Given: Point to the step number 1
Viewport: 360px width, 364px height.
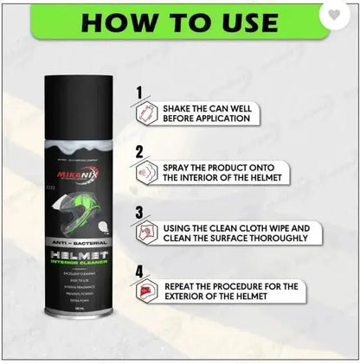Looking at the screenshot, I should (138, 90).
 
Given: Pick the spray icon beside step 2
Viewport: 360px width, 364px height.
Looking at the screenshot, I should (144, 174).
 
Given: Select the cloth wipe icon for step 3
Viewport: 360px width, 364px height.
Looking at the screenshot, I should (144, 233).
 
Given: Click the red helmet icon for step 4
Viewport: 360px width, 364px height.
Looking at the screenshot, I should (144, 294).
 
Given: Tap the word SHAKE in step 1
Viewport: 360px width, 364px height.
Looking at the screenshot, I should (180, 108).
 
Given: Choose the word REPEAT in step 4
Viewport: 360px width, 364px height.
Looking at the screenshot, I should (183, 285).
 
